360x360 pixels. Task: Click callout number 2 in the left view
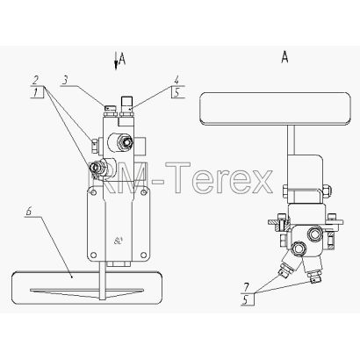(x=35, y=80)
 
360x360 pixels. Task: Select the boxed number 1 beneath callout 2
(x=35, y=93)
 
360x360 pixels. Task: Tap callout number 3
(x=66, y=80)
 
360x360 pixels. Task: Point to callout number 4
(x=176, y=80)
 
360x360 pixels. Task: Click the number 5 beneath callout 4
(x=176, y=93)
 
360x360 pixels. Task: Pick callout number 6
(x=29, y=212)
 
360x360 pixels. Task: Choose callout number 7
(x=248, y=286)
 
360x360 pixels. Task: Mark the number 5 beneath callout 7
(x=247, y=299)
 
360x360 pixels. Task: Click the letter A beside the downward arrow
(x=122, y=59)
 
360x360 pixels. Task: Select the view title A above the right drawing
(x=284, y=57)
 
